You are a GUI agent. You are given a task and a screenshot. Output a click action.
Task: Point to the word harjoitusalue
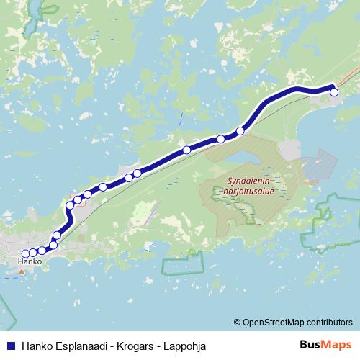[244, 193]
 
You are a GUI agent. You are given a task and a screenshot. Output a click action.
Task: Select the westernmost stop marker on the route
[25, 253]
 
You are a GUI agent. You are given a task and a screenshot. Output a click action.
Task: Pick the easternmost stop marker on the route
[333, 92]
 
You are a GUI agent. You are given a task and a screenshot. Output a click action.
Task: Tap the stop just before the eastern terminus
[240, 131]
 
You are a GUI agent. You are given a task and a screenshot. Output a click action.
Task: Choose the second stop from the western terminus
[33, 253]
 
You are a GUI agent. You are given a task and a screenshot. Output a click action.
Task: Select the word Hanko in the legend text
[37, 346]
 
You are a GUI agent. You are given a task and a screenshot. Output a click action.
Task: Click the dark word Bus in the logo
[310, 345]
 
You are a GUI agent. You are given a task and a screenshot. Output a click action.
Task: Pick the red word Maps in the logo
[337, 345]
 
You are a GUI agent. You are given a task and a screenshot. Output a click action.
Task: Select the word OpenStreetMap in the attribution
[275, 322]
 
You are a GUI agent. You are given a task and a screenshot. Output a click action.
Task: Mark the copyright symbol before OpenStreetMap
[238, 322]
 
